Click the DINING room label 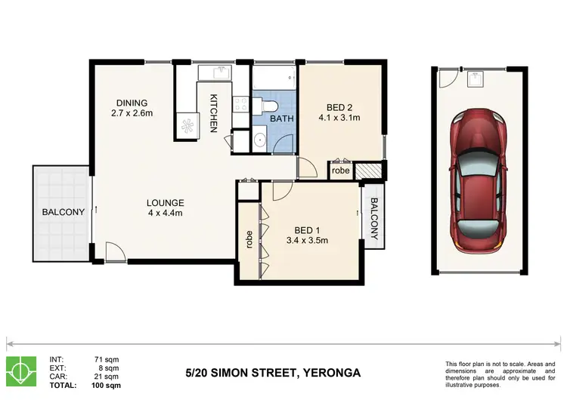(132, 103)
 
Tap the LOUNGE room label (166, 202)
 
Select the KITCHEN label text (215, 113)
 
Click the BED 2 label (339, 106)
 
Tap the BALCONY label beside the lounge (63, 212)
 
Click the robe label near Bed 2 (341, 171)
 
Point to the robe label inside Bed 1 (249, 239)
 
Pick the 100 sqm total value (106, 384)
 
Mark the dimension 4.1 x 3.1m (339, 118)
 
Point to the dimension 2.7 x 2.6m (132, 114)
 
